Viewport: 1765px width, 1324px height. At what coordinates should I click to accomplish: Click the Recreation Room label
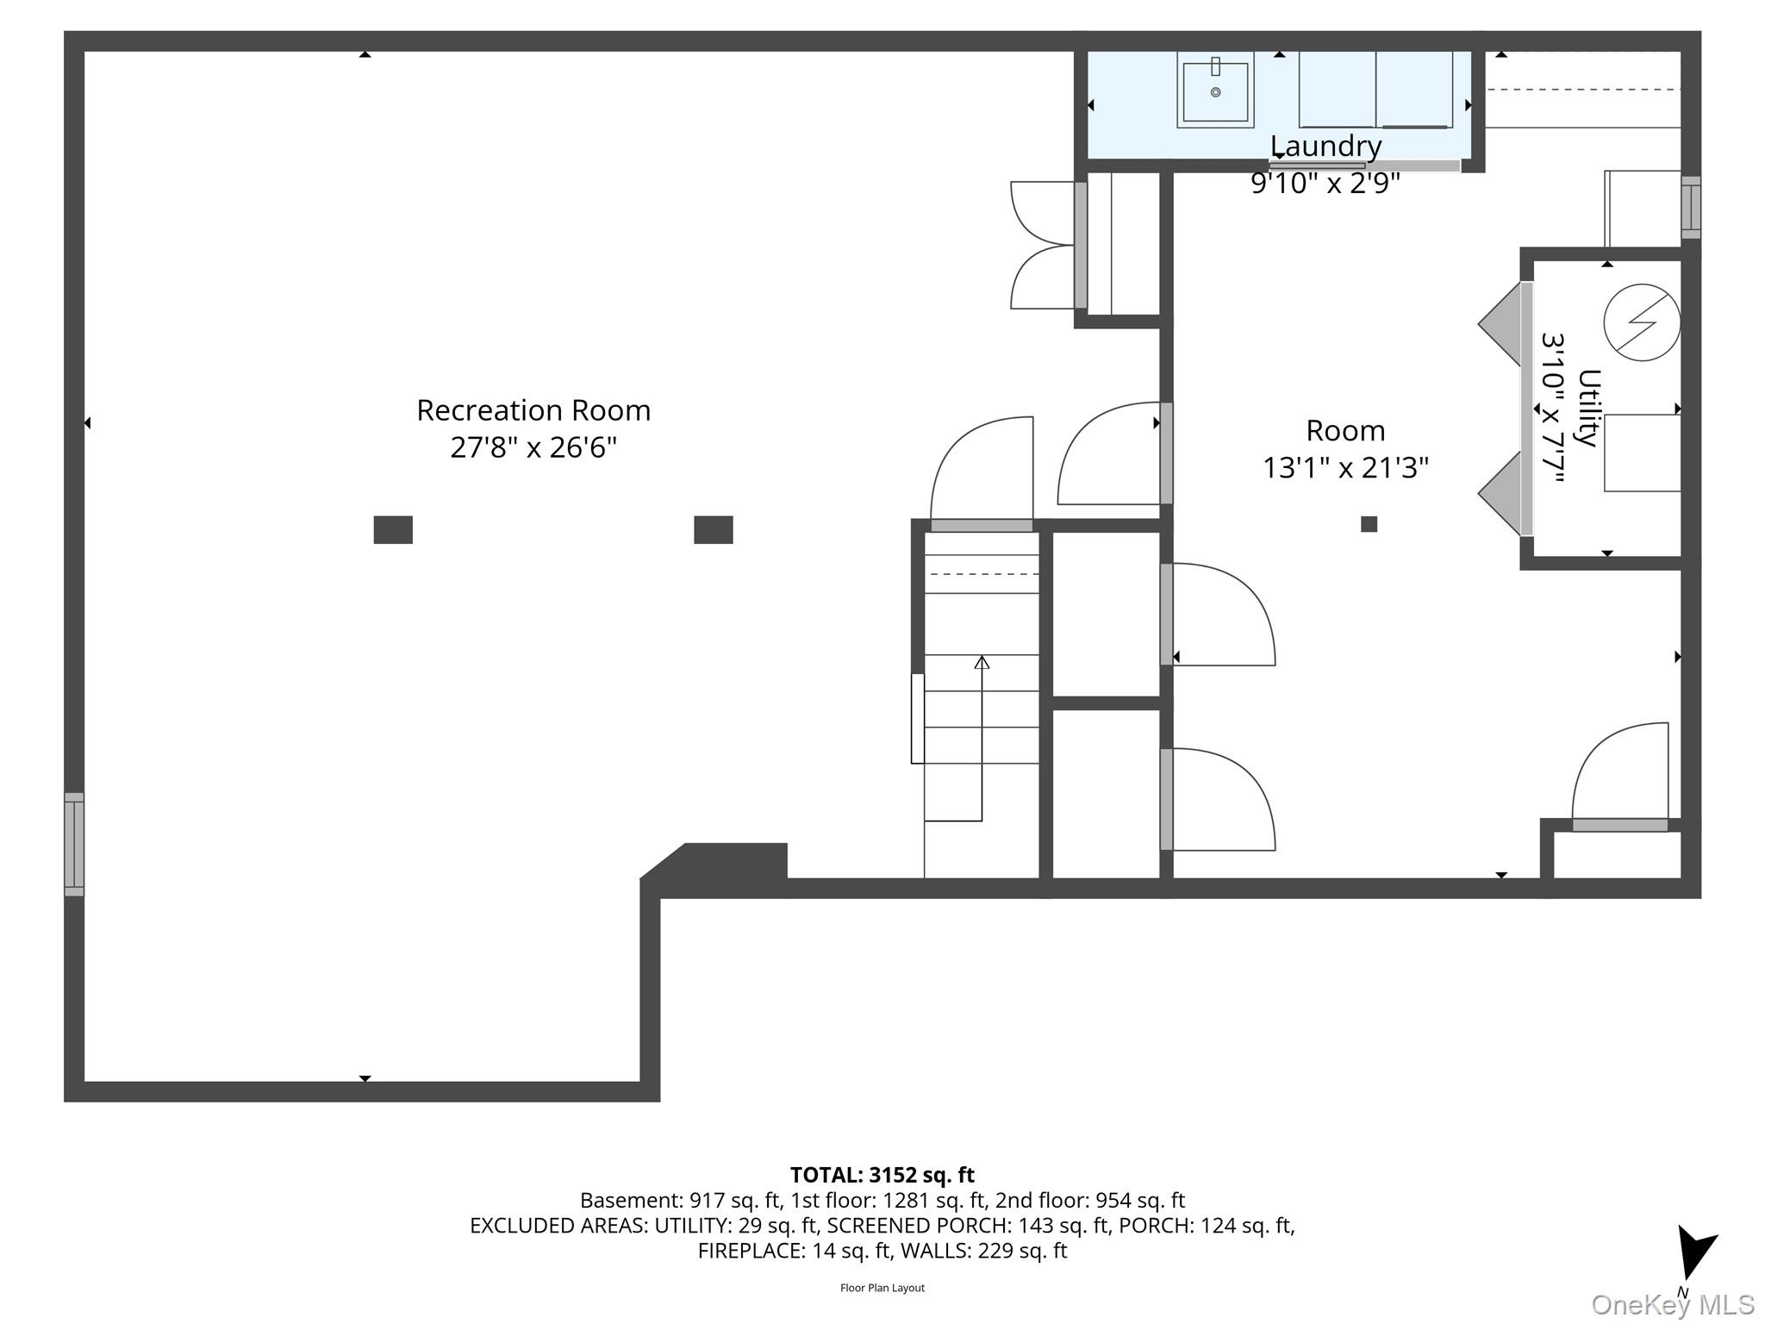533,410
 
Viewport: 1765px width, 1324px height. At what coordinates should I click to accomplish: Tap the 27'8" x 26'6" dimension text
533,448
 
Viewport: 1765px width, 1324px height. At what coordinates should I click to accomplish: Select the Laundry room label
1325,147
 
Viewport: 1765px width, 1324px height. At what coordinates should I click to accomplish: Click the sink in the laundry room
1215,91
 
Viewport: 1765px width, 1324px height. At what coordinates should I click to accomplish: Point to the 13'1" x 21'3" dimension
1345,468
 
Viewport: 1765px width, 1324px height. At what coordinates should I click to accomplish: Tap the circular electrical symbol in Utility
1642,322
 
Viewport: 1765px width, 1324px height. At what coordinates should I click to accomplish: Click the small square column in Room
1369,524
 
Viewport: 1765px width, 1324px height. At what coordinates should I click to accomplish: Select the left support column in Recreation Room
393,529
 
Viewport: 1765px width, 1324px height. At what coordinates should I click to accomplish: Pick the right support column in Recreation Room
714,529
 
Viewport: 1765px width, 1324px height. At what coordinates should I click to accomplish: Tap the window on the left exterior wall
74,844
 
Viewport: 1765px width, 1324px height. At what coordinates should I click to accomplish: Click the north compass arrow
1695,1252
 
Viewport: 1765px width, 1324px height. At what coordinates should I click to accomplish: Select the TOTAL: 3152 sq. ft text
882,1175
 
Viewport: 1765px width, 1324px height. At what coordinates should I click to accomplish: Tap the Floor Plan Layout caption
882,1288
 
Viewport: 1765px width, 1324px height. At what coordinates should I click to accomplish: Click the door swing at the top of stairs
982,470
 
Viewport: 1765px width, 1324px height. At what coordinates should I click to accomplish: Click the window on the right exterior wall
1691,208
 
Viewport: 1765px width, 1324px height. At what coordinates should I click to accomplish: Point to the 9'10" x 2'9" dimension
1325,184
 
